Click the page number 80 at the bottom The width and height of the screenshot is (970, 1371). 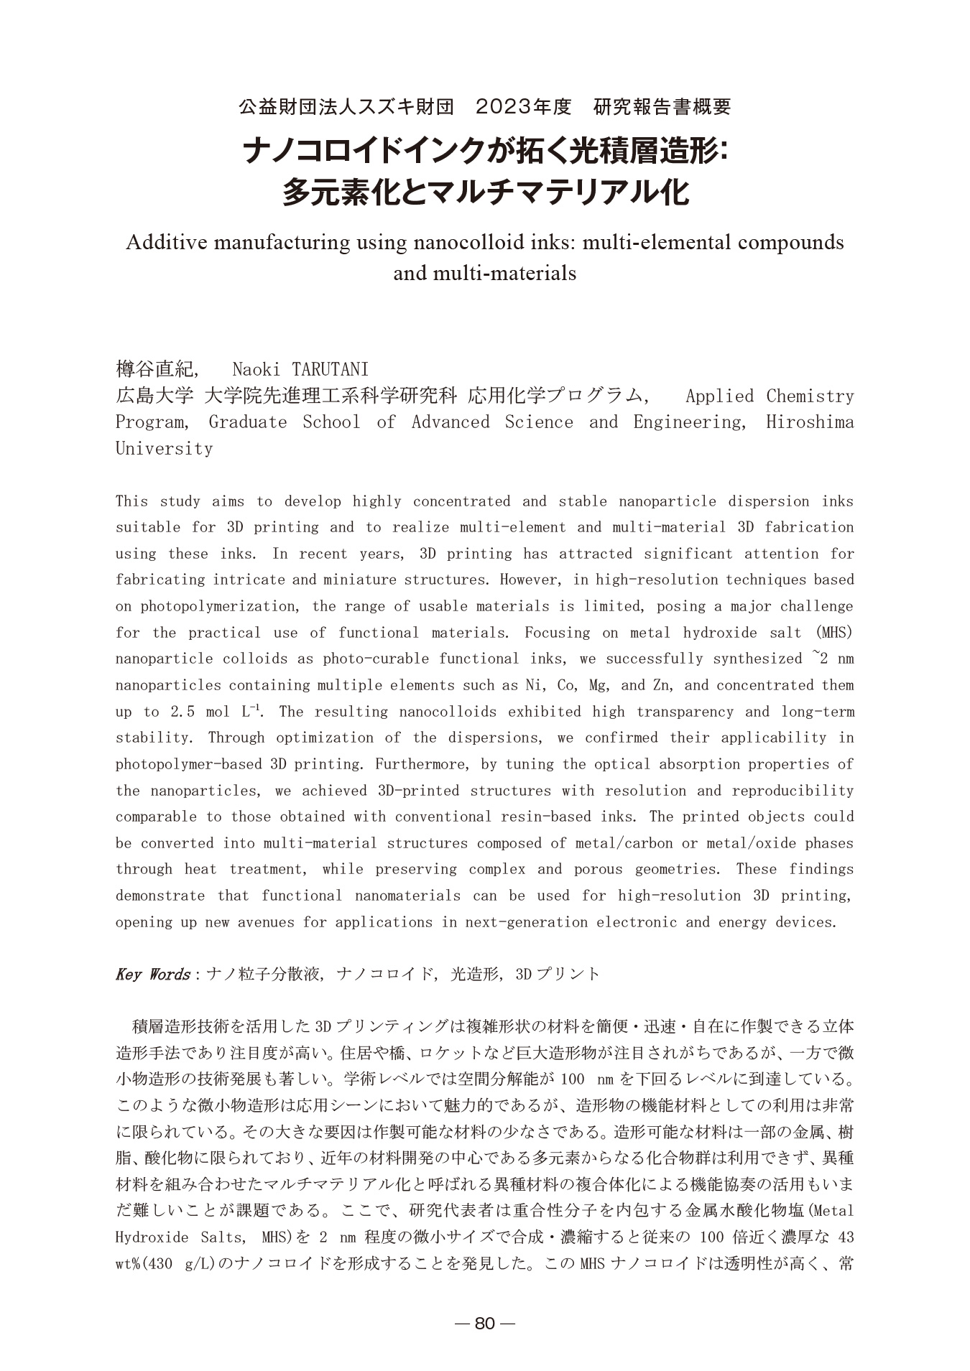click(485, 1324)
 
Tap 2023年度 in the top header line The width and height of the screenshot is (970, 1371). click(523, 108)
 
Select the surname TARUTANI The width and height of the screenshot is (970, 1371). click(331, 370)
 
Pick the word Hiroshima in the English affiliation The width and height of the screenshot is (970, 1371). click(810, 422)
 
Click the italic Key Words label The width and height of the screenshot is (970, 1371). click(152, 975)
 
